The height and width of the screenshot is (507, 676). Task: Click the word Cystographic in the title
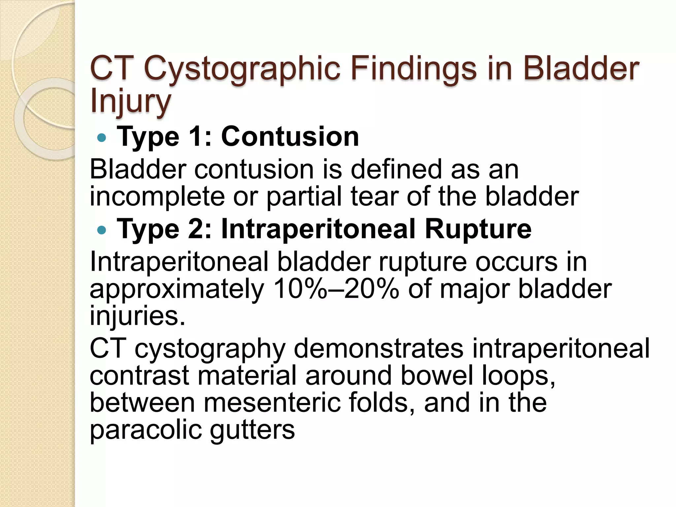(242, 69)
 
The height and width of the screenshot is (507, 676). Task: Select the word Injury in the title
(130, 101)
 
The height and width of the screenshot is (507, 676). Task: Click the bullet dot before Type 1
(102, 137)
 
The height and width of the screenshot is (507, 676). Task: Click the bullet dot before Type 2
(102, 230)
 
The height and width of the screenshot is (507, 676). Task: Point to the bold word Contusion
(290, 137)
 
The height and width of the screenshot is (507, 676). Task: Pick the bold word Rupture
(478, 229)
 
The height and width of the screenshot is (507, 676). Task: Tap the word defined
(396, 169)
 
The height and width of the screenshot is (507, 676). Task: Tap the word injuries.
(137, 316)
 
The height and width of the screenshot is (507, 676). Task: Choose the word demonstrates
(378, 349)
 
